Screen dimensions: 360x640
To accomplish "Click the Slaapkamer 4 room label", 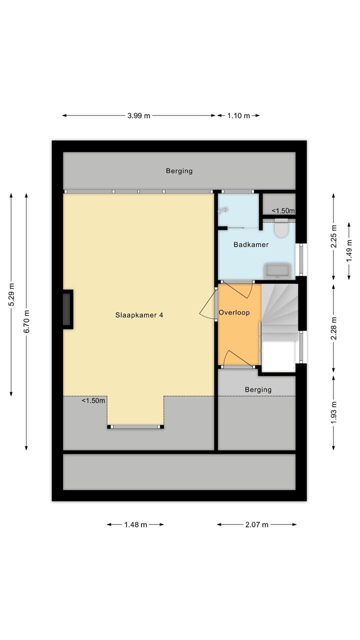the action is (x=139, y=315).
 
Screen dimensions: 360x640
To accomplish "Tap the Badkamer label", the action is (x=251, y=245).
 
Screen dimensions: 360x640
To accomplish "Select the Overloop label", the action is (x=234, y=313).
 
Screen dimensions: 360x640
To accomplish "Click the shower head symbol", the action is (x=223, y=210).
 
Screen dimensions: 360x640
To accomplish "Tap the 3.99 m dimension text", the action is (x=138, y=116).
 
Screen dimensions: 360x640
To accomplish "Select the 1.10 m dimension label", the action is (x=238, y=116).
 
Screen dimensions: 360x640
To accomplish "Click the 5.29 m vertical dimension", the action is (x=11, y=295).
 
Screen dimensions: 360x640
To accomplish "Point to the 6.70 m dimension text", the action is (x=26, y=322).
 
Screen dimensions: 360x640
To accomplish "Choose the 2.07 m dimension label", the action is (x=256, y=524).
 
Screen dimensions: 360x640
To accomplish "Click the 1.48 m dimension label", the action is (x=135, y=524).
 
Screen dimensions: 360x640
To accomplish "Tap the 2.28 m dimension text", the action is (x=333, y=328).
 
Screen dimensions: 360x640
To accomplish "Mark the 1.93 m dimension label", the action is (x=333, y=412).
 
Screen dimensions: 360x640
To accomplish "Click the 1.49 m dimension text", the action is (x=349, y=250).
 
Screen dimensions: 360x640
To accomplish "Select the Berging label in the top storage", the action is (x=179, y=171).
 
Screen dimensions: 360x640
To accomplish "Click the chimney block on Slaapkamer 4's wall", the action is (x=67, y=309).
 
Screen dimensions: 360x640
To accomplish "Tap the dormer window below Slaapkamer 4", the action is (x=135, y=427).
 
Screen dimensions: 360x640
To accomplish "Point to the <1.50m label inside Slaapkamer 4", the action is (x=93, y=401).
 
